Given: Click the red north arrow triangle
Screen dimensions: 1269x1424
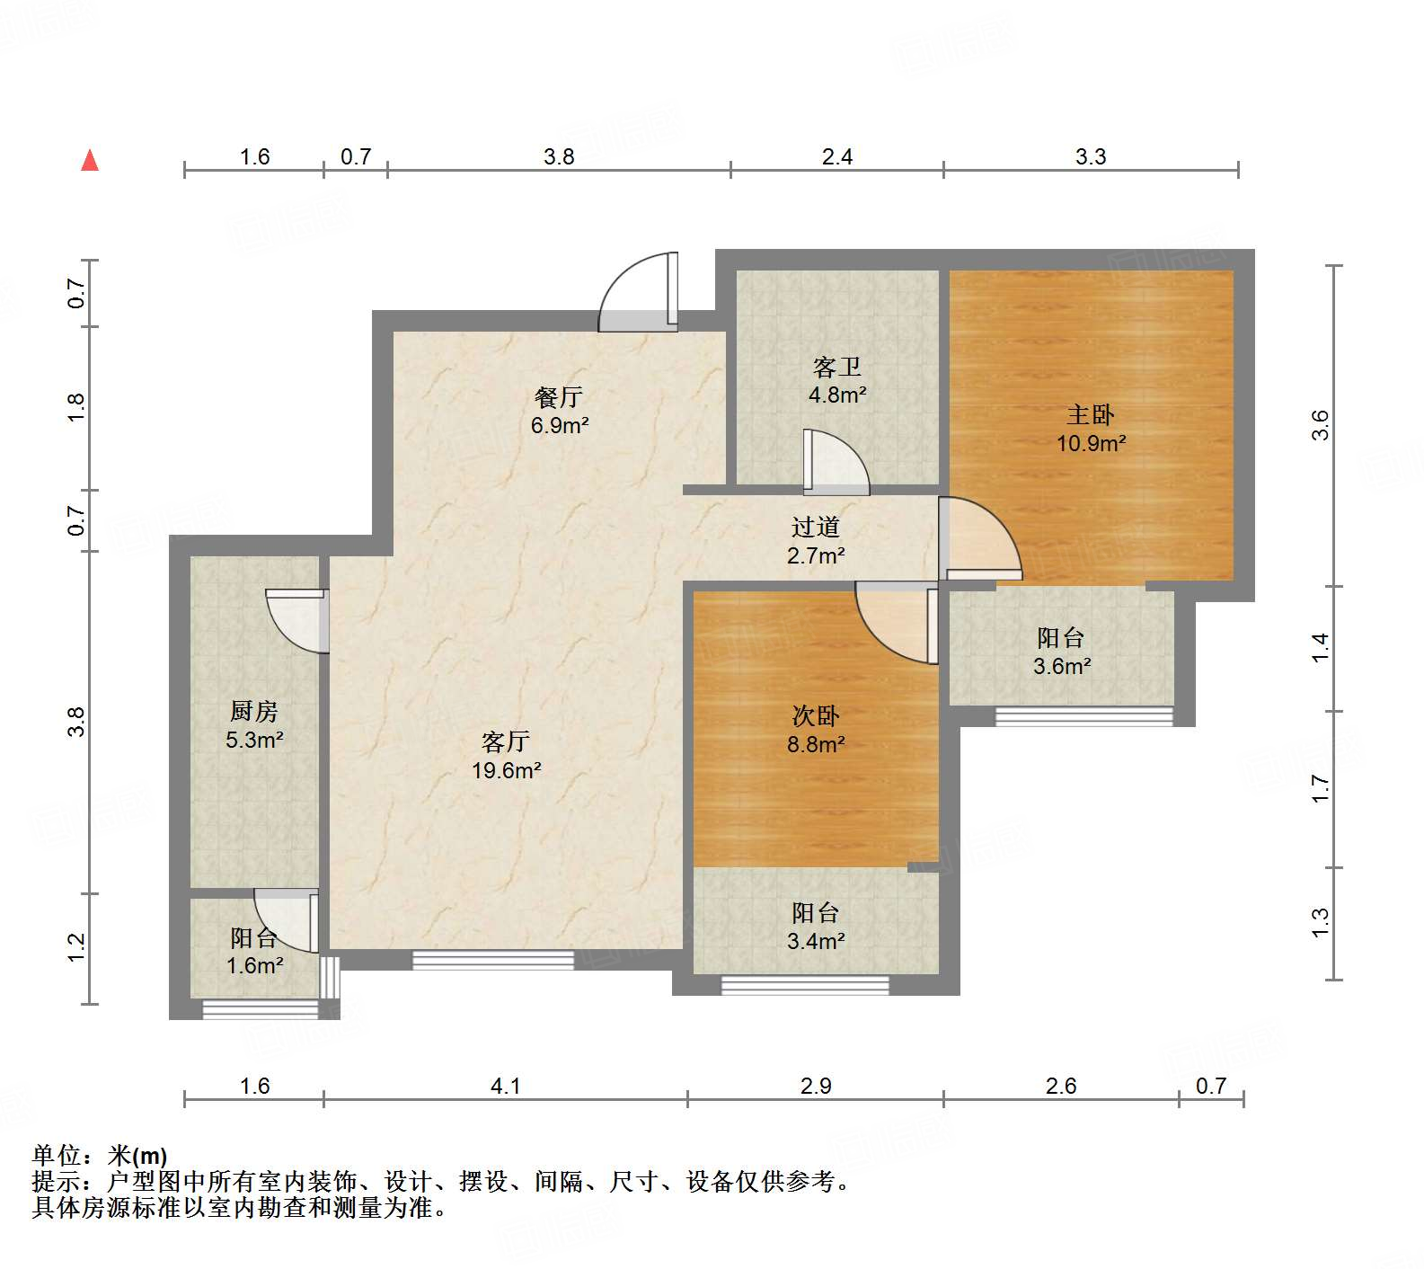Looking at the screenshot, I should [x=90, y=161].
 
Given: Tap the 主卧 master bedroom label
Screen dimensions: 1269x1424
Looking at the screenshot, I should [x=1091, y=428].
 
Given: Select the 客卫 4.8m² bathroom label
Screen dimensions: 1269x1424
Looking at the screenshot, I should [x=836, y=380].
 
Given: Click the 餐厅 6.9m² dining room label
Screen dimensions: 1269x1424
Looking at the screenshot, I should [x=559, y=411].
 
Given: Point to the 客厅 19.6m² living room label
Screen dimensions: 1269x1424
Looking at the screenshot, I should [x=506, y=755].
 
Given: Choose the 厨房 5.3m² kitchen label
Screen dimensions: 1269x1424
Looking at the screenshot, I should [x=254, y=725].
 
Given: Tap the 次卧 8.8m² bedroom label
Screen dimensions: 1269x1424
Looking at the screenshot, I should [x=816, y=729].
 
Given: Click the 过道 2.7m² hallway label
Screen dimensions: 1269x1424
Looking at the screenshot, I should [x=816, y=540].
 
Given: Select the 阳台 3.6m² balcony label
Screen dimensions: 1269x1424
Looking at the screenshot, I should [x=1061, y=652].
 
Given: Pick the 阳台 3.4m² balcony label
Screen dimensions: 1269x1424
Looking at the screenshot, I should [x=816, y=927].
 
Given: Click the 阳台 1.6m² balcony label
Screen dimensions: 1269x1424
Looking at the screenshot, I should [x=254, y=951].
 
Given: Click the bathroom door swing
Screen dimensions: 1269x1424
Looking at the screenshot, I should [x=836, y=464].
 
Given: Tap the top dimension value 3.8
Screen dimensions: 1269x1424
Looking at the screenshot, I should [x=559, y=156].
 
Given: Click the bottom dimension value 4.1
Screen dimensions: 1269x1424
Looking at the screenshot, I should [x=505, y=1086].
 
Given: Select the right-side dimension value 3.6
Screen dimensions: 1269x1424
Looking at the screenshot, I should [x=1319, y=424].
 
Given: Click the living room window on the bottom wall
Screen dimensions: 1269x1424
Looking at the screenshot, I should [x=492, y=960].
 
